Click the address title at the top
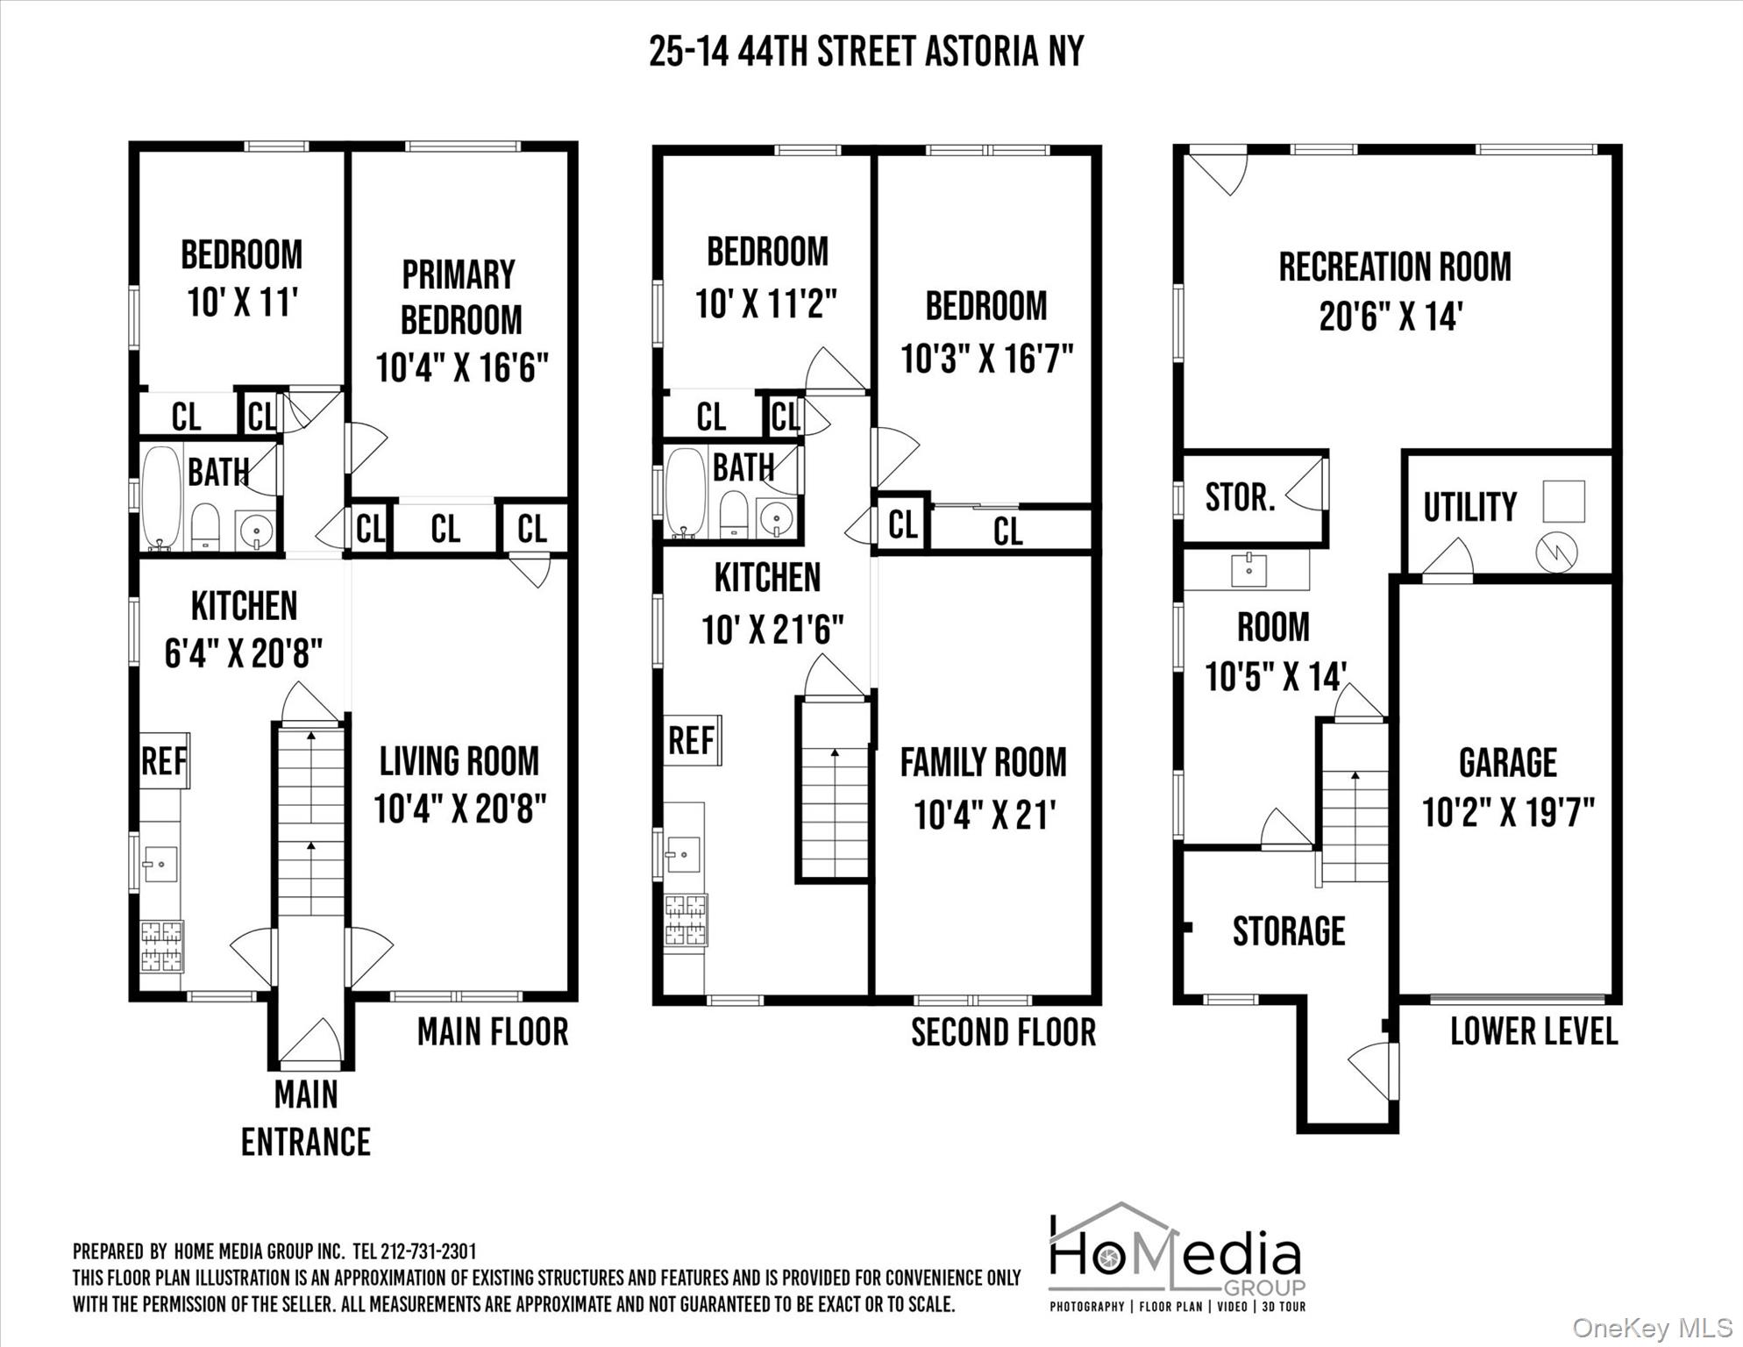pyautogui.click(x=866, y=52)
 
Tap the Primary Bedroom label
pyautogui.click(x=460, y=297)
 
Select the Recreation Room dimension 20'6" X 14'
pyautogui.click(x=1391, y=317)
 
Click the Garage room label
pyautogui.click(x=1508, y=763)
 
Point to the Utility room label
pyautogui.click(x=1469, y=507)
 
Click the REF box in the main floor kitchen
pyautogui.click(x=164, y=760)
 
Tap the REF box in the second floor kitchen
pyautogui.click(x=692, y=740)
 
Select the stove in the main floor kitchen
pyautogui.click(x=161, y=946)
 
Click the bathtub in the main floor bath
pyautogui.click(x=161, y=497)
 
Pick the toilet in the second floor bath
pyautogui.click(x=732, y=514)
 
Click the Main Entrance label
pyautogui.click(x=306, y=1118)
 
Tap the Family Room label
pyautogui.click(x=983, y=763)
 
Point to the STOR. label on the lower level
pyautogui.click(x=1240, y=497)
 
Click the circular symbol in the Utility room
pyautogui.click(x=1556, y=552)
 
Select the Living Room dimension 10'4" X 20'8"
pyautogui.click(x=460, y=809)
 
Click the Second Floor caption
pyautogui.click(x=1003, y=1032)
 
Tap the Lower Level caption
pyautogui.click(x=1533, y=1031)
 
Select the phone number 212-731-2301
pyautogui.click(x=428, y=1251)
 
